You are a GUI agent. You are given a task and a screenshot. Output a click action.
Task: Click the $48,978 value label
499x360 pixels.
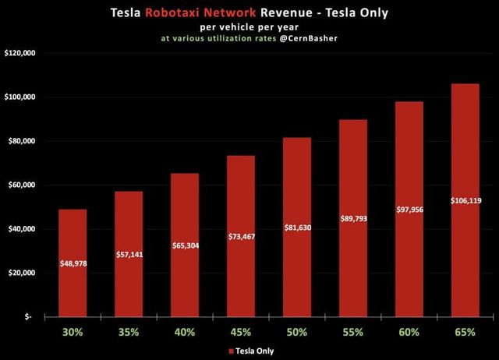(x=73, y=264)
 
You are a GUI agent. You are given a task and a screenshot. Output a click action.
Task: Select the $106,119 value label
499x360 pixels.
(x=465, y=201)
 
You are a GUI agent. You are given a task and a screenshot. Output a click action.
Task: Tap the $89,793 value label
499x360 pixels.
(x=353, y=218)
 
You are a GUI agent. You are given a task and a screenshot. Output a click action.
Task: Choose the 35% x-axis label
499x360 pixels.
(x=129, y=332)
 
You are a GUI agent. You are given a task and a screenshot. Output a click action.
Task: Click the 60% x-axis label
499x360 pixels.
(x=409, y=332)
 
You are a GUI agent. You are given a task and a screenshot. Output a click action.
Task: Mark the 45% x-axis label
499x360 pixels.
(x=241, y=332)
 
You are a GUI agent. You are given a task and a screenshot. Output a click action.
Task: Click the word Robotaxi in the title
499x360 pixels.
(x=207, y=12)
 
